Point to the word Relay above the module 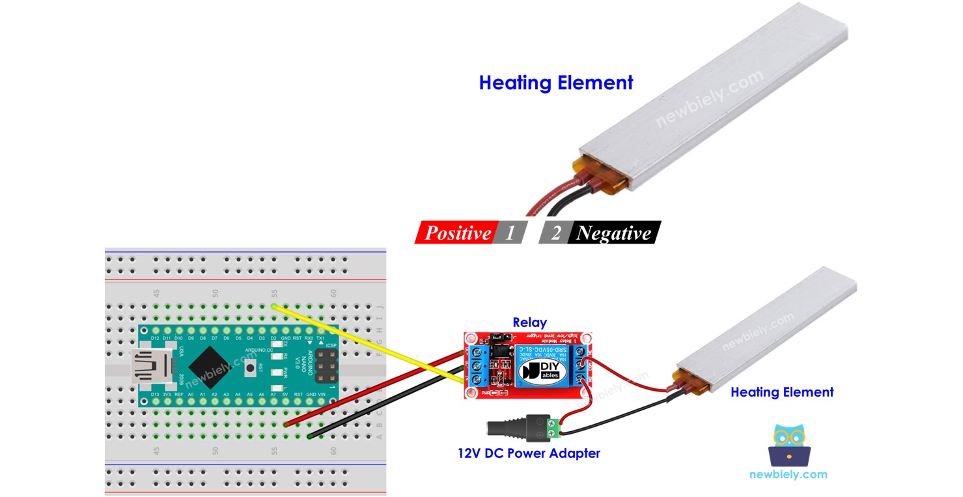click(x=529, y=322)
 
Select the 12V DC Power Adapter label click(x=529, y=453)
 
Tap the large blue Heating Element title click(x=555, y=83)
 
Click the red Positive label click(x=456, y=233)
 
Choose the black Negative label click(x=613, y=233)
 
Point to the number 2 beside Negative click(x=555, y=233)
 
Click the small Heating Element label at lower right click(x=781, y=392)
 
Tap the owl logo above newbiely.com click(x=788, y=446)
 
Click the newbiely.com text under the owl click(x=788, y=475)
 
